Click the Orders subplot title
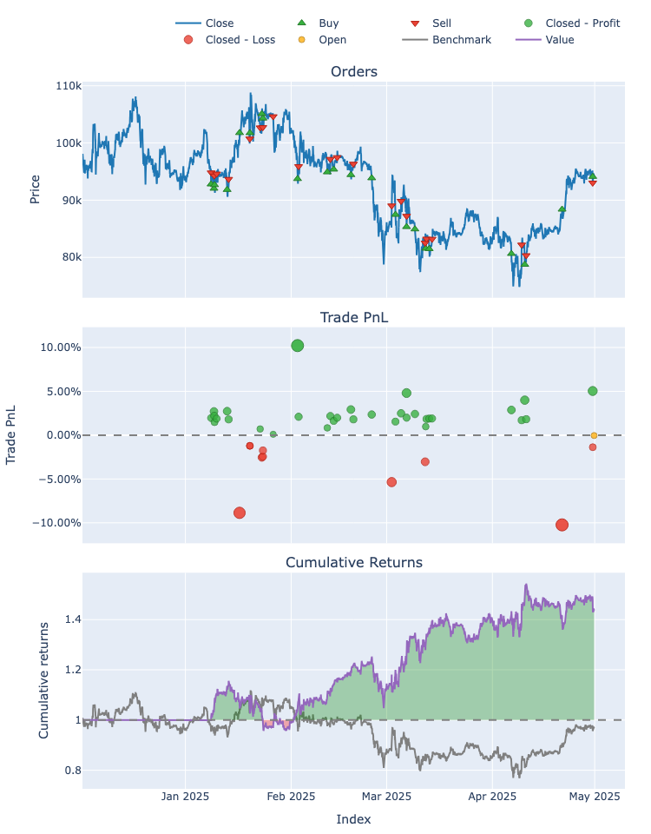pos(353,71)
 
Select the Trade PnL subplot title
pos(353,317)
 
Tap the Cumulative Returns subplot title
pos(353,562)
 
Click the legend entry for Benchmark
pos(461,39)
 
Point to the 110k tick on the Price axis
pos(68,86)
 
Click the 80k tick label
pos(69,257)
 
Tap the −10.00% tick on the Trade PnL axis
pos(55,523)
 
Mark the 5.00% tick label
pos(59,391)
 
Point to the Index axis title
pos(353,819)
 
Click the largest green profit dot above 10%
pos(298,346)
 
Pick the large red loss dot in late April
pos(562,525)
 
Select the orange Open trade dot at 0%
pos(594,435)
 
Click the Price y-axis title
pos(35,189)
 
